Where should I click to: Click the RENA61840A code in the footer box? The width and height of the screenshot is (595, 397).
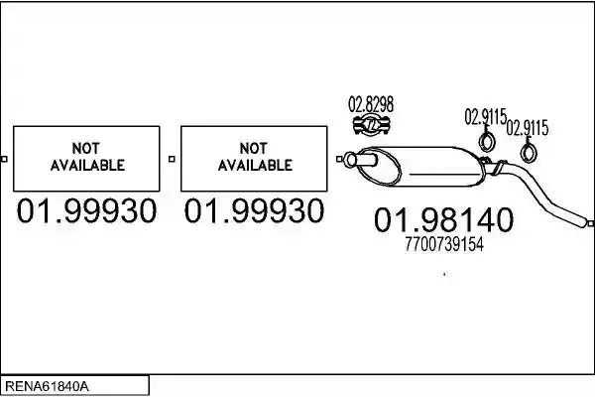tap(47, 386)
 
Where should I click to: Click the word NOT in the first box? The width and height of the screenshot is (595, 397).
tap(86, 148)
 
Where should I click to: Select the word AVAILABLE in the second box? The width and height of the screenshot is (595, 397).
tap(255, 166)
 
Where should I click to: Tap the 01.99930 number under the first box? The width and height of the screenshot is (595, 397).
tap(86, 210)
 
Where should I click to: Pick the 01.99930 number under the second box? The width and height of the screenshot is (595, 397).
tap(254, 210)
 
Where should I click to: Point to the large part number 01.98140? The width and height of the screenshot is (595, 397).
tap(443, 220)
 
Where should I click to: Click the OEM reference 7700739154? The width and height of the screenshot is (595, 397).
tap(444, 244)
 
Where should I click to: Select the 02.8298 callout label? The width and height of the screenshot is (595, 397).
tap(371, 104)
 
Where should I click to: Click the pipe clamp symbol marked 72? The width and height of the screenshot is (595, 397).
tap(372, 125)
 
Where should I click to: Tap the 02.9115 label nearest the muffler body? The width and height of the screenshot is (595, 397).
tap(486, 117)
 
